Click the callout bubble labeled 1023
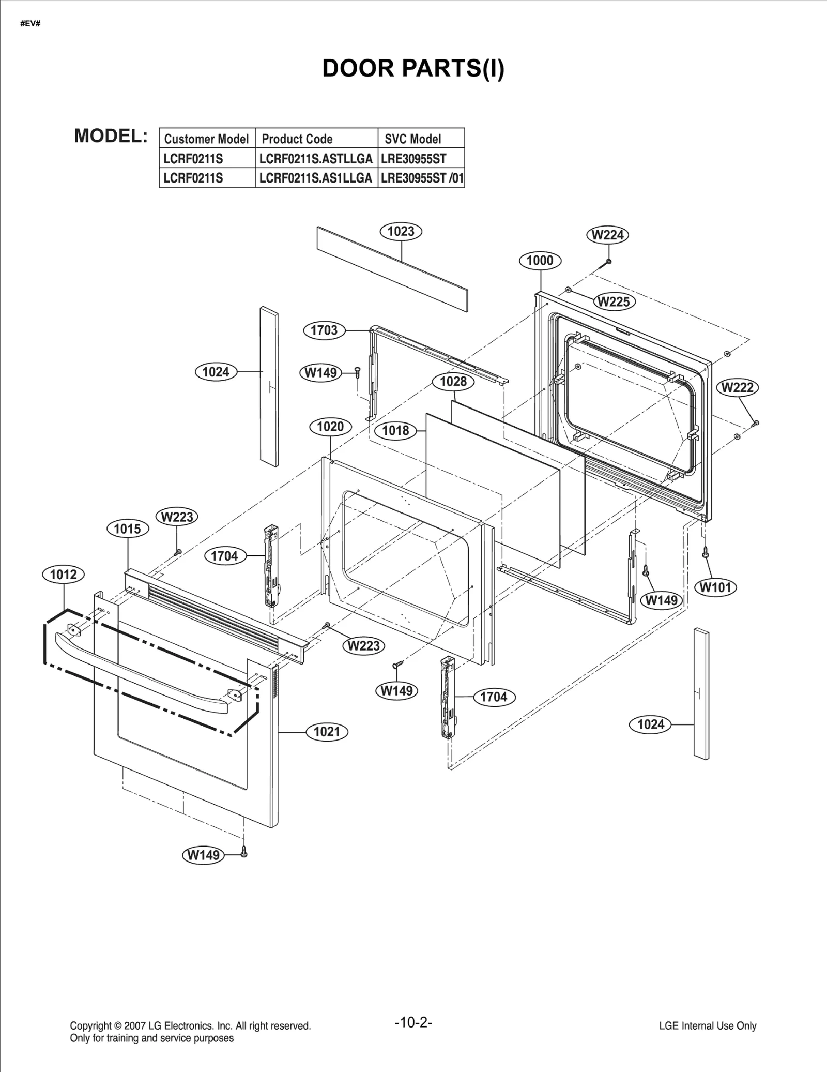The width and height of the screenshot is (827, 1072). tap(401, 231)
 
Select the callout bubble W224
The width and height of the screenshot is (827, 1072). tap(607, 235)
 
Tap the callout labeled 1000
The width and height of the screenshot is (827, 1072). tap(540, 261)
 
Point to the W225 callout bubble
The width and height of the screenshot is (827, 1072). tap(614, 301)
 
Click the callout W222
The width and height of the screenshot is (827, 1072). tap(737, 387)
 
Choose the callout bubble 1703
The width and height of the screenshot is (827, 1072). tap(324, 330)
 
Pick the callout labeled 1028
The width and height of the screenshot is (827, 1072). tap(453, 382)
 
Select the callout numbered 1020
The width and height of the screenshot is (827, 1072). tap(330, 427)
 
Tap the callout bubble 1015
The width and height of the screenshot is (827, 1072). tap(127, 529)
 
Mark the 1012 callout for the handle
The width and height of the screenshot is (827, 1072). tap(63, 574)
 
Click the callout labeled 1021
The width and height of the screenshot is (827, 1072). tap(327, 731)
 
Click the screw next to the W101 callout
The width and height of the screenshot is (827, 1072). tap(705, 553)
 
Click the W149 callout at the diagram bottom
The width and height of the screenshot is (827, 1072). tap(203, 855)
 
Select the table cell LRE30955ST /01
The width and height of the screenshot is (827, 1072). tap(421, 178)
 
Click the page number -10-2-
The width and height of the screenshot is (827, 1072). tap(413, 1022)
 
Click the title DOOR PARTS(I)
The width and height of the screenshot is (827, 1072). tap(413, 68)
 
